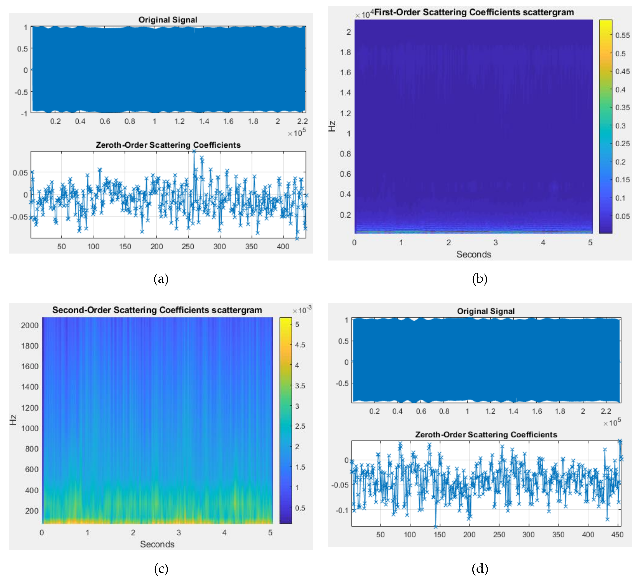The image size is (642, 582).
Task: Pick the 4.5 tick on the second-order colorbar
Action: click(x=300, y=345)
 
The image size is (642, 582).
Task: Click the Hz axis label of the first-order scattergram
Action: click(x=332, y=126)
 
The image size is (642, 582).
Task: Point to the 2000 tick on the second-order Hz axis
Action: click(x=30, y=325)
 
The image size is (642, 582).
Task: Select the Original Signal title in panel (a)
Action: click(x=168, y=20)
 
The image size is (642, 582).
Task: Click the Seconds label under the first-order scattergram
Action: click(x=474, y=254)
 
